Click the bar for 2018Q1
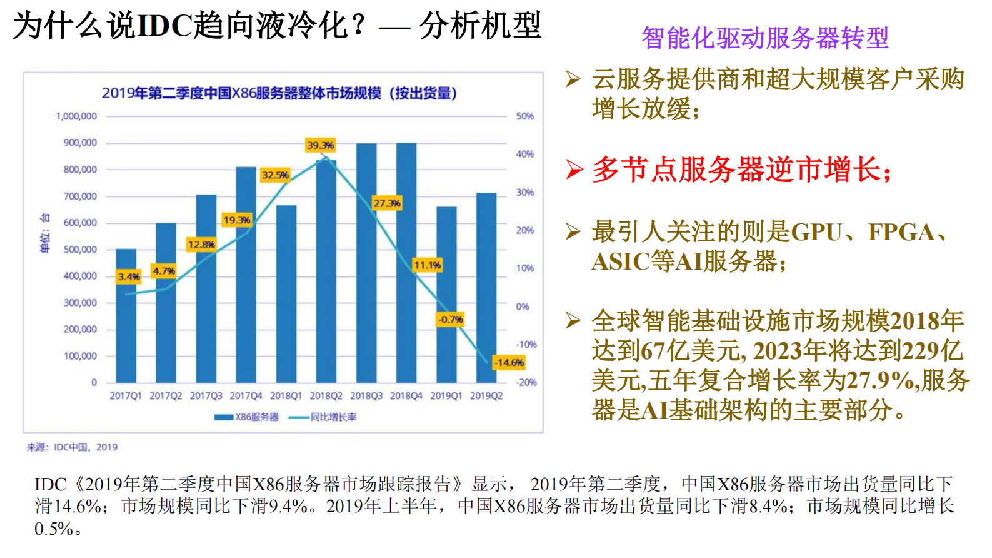[286, 294]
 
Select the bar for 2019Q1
[446, 294]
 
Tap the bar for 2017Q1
[126, 316]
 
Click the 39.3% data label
[320, 145]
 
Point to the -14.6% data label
[509, 362]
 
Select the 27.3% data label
[387, 203]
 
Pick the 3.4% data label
[129, 276]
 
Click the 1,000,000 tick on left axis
[76, 116]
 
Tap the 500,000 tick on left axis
[80, 250]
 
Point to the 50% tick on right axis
[525, 116]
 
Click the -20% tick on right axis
[526, 382]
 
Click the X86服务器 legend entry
[247, 417]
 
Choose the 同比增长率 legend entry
[324, 417]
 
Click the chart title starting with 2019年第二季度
[279, 93]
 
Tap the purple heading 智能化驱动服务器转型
[765, 38]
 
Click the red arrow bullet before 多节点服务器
[574, 169]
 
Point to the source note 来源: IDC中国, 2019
[72, 447]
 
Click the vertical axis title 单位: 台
[44, 233]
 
